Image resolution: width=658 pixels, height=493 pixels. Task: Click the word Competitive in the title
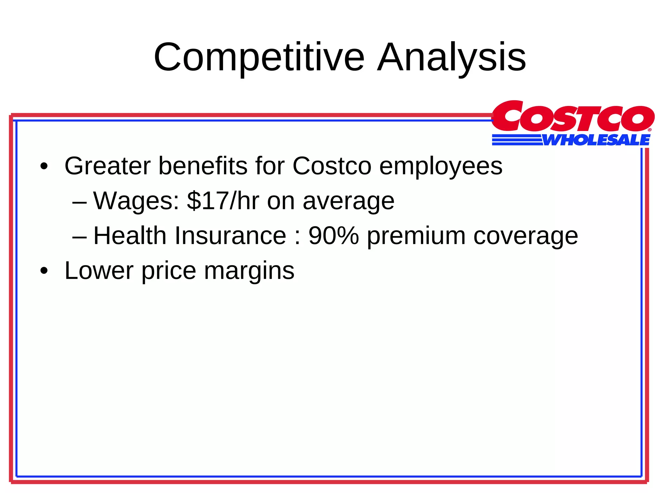click(x=259, y=58)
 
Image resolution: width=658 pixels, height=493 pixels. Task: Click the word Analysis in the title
click(x=451, y=58)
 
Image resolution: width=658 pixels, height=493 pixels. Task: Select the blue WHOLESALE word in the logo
click(x=596, y=140)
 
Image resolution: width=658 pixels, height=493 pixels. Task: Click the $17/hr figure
click(x=223, y=201)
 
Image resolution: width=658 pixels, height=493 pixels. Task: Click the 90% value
click(x=333, y=236)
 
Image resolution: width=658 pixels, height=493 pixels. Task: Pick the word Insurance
click(x=230, y=236)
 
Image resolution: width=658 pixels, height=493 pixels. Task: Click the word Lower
click(x=99, y=271)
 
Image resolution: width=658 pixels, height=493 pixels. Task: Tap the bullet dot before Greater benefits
click(x=44, y=167)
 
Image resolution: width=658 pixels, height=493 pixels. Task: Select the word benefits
click(x=203, y=166)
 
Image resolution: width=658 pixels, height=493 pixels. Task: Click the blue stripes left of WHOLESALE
click(x=517, y=140)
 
